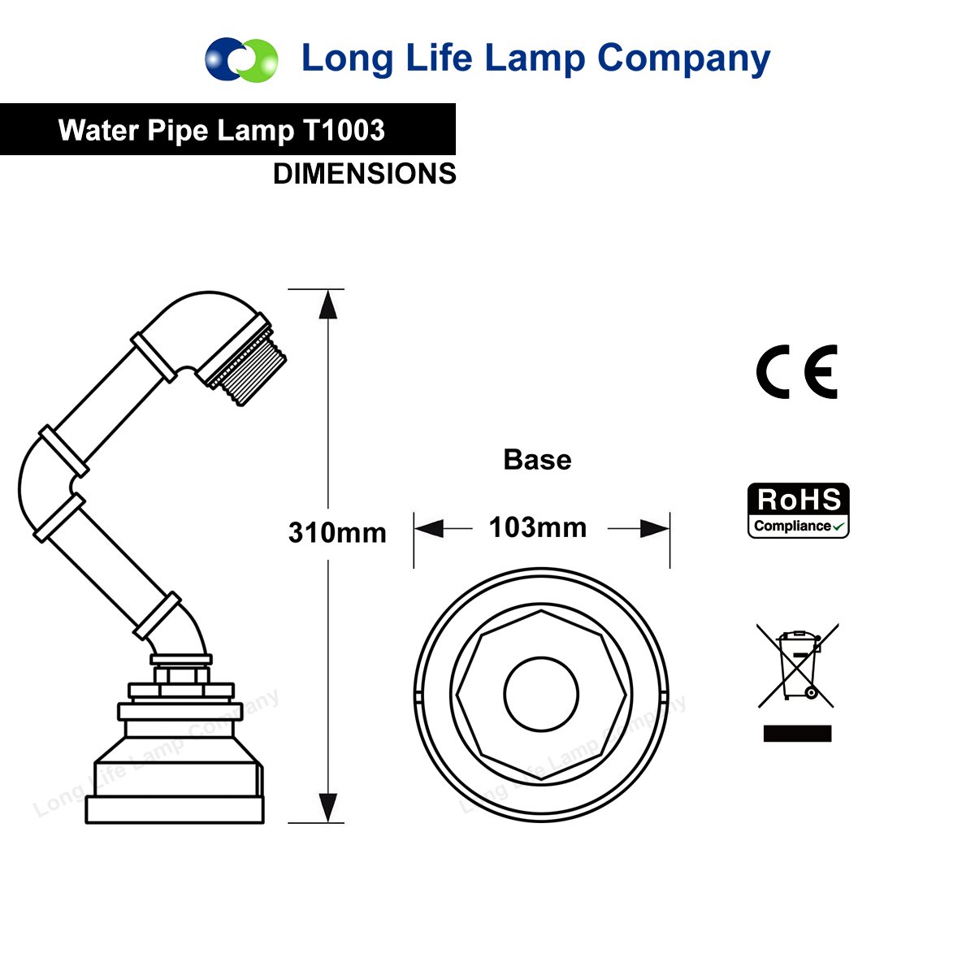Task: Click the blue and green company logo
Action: (x=241, y=59)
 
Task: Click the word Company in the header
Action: (x=683, y=59)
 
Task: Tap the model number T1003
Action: (x=344, y=130)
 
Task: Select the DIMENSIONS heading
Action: (x=365, y=174)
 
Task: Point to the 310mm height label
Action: (x=337, y=533)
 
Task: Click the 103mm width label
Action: (x=538, y=528)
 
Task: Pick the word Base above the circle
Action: (x=537, y=460)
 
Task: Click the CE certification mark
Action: (x=797, y=372)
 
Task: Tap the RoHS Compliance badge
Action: (x=799, y=510)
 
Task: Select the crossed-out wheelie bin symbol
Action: (x=798, y=665)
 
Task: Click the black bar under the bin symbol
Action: (x=797, y=734)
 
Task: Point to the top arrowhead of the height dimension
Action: (x=327, y=304)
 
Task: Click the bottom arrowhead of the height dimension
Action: (x=327, y=807)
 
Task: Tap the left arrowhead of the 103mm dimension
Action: (x=429, y=529)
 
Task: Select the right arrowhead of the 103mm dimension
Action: (x=655, y=529)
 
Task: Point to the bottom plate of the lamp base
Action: (x=175, y=810)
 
